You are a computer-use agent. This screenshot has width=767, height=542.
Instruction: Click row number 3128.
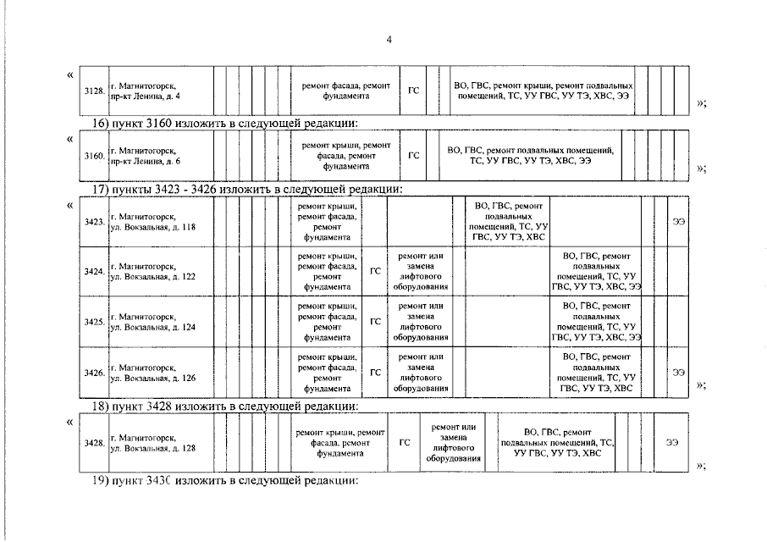click(94, 91)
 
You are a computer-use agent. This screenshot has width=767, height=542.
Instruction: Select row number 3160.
click(94, 156)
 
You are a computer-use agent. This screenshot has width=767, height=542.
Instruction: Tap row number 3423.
click(94, 222)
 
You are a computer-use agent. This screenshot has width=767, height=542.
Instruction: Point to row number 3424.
click(94, 272)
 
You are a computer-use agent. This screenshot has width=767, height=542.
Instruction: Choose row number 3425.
click(94, 322)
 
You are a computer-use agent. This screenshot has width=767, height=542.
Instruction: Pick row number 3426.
click(94, 372)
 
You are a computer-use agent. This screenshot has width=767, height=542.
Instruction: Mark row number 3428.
click(94, 442)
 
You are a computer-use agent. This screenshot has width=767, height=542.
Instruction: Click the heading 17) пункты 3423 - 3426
click(246, 189)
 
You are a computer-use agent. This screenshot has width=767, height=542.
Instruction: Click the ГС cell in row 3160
click(414, 156)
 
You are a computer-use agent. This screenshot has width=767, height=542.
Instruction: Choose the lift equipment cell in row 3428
click(454, 442)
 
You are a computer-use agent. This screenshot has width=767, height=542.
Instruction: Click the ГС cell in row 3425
click(375, 322)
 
